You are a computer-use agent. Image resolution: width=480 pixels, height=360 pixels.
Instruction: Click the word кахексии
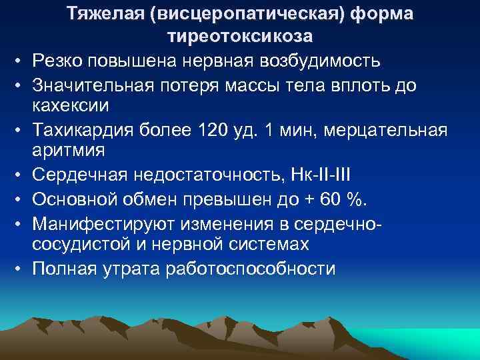(x=71, y=105)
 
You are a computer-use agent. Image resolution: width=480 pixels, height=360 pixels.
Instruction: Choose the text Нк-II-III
(x=327, y=175)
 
